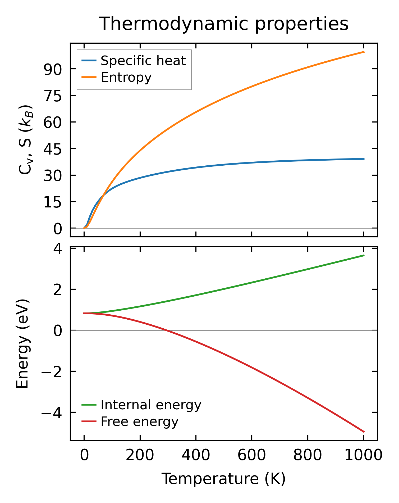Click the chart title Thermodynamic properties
(x=224, y=24)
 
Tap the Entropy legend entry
(x=126, y=77)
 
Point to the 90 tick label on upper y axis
(x=53, y=70)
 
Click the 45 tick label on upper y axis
(x=53, y=149)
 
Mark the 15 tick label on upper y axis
(x=53, y=202)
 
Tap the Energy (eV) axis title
(x=22, y=344)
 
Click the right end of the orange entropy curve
(x=364, y=52)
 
